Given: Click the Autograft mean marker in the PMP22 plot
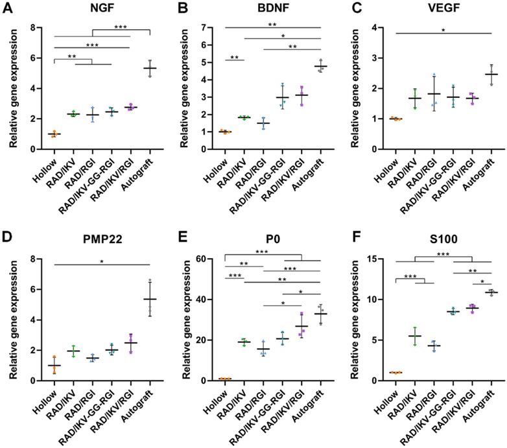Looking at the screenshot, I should coord(150,299).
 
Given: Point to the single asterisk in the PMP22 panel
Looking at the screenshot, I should coord(102,261).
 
